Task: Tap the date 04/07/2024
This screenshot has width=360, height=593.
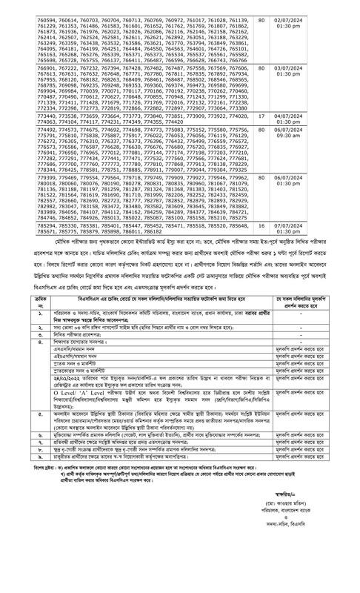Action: click(x=330, y=136)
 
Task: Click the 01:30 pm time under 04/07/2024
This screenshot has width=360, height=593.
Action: click(x=330, y=142)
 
